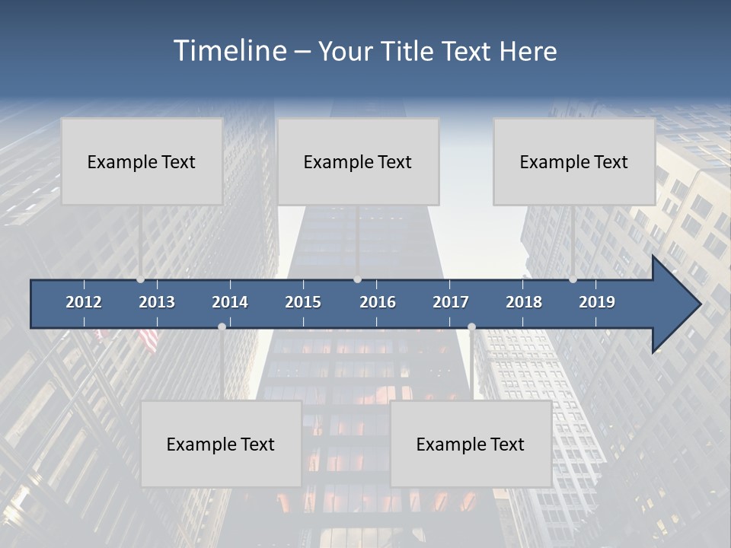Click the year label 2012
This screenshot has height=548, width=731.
click(84, 302)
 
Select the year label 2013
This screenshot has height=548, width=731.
click(157, 302)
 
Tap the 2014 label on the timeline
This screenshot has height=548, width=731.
click(230, 302)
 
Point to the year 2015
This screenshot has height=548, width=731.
click(303, 302)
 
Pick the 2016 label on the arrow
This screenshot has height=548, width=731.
click(378, 302)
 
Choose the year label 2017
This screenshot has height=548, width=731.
click(451, 302)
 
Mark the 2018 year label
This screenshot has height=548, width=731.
click(524, 302)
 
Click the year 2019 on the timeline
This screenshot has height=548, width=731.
click(597, 302)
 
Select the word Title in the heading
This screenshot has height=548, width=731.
click(409, 52)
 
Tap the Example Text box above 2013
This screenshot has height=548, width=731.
click(142, 161)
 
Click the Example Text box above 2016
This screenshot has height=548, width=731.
click(358, 161)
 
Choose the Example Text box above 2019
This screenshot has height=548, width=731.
click(574, 161)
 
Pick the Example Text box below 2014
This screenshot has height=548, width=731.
click(221, 444)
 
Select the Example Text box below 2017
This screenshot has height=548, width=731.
click(471, 444)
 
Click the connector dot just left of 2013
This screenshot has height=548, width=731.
click(140, 279)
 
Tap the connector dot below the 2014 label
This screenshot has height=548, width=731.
click(222, 327)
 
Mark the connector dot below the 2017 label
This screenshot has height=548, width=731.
click(471, 327)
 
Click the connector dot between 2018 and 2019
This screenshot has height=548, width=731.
click(573, 279)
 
